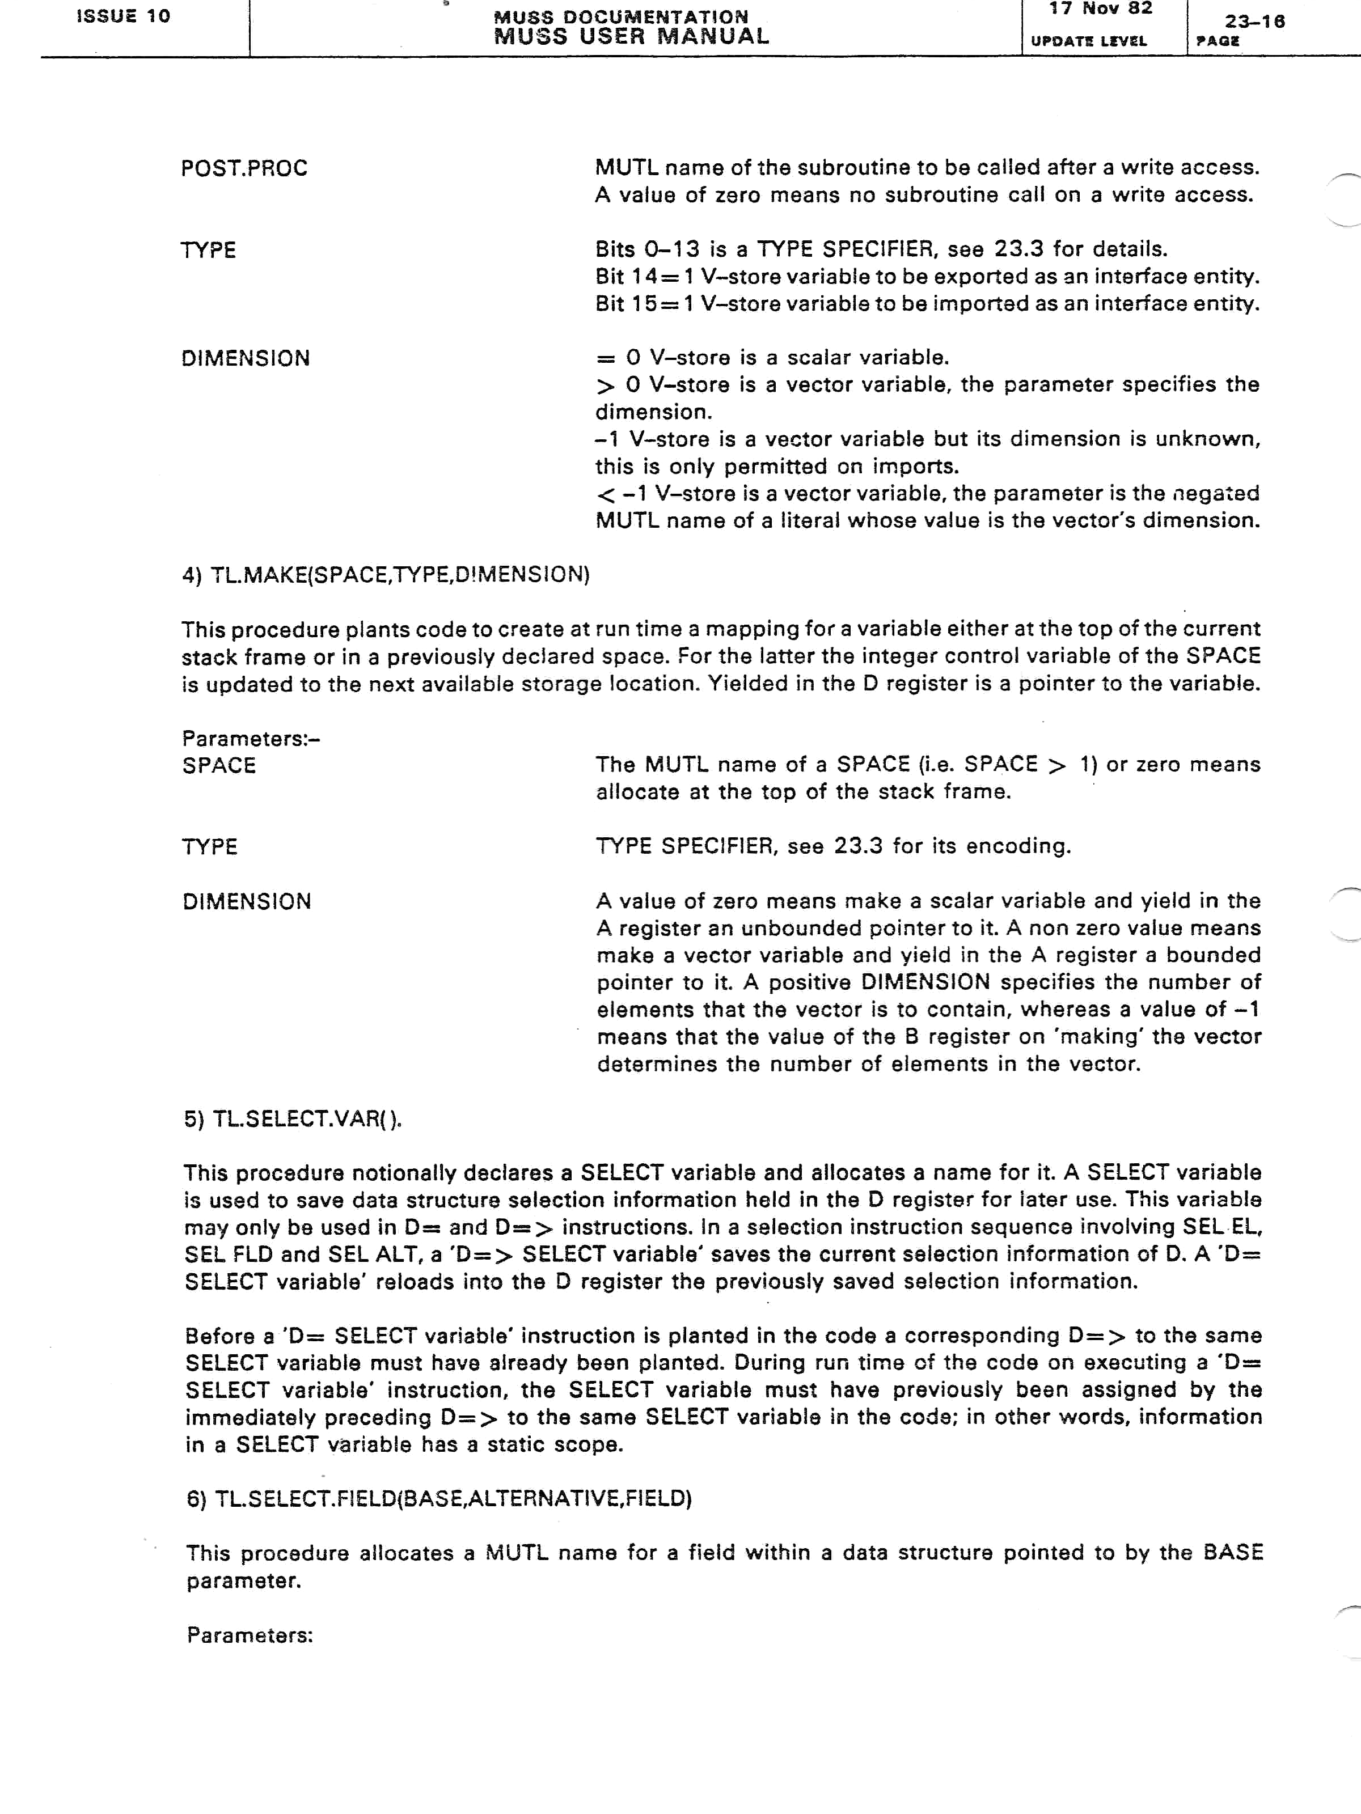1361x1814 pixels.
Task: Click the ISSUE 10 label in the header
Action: click(123, 16)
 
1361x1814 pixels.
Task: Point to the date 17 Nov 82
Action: click(1100, 9)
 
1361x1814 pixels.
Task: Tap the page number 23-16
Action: click(1254, 22)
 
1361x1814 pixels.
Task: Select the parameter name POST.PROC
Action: click(244, 168)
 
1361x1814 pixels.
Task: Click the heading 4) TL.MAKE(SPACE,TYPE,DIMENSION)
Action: click(386, 574)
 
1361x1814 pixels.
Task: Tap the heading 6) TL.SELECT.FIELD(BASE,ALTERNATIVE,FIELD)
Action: click(439, 1498)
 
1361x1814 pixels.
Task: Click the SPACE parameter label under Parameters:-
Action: click(219, 765)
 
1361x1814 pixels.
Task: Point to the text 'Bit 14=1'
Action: click(644, 277)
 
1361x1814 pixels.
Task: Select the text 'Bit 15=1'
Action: click(644, 303)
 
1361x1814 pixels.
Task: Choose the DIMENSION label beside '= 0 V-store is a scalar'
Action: click(246, 358)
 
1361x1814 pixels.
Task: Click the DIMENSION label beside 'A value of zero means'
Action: click(247, 901)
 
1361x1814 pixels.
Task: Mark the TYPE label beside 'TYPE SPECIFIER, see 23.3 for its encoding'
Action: click(210, 846)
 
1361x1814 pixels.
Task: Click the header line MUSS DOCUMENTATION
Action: click(620, 16)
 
